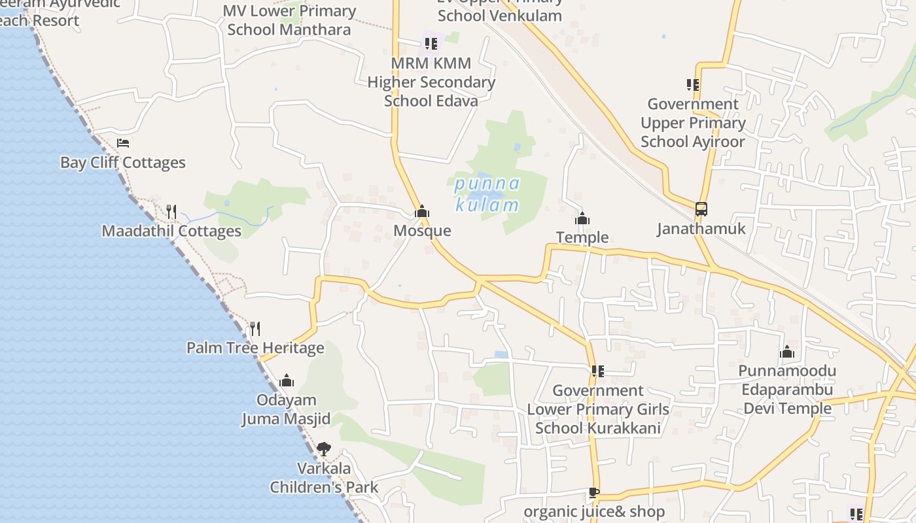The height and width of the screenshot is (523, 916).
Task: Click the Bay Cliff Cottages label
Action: pos(123,163)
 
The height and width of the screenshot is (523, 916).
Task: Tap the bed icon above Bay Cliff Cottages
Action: pos(123,143)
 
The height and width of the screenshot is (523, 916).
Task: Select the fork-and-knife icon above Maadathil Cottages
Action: pos(171,211)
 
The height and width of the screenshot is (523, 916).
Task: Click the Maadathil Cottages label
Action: pos(171,231)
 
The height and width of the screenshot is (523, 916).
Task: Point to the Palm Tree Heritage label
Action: pos(255,348)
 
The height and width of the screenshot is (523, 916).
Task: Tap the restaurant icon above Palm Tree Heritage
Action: pos(255,328)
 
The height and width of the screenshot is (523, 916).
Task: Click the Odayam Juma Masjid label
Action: pos(287,409)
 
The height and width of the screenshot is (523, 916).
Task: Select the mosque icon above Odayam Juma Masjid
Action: pos(287,380)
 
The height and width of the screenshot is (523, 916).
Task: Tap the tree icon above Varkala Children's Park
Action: pos(324,449)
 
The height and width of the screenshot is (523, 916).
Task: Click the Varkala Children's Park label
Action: pos(324,478)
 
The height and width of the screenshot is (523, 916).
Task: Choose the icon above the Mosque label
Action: pos(422,211)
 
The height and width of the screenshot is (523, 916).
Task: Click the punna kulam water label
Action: pos(487,194)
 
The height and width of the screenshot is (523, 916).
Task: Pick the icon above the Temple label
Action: pos(582,218)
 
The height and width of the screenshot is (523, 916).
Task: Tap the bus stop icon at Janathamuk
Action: pos(701,209)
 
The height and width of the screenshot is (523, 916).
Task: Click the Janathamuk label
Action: pos(701,229)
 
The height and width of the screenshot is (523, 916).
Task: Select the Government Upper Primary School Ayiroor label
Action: pos(693,123)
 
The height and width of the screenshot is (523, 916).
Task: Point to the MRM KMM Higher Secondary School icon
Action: pos(431,44)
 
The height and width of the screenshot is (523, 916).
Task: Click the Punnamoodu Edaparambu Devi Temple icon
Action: pos(787,352)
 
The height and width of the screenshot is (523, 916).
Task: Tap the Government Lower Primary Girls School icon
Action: pos(597,371)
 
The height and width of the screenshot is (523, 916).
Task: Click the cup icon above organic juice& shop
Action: pos(593,492)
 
